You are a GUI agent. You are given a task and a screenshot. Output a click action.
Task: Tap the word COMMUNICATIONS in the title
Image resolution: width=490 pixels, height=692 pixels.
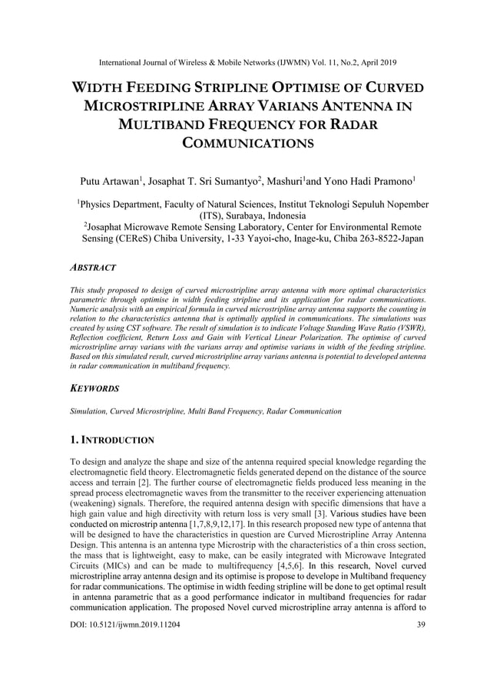point(245,143)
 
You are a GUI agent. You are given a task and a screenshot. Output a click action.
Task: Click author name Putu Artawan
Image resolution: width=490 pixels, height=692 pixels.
point(111,182)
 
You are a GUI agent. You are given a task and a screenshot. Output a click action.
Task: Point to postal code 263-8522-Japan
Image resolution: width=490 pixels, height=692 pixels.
point(379,239)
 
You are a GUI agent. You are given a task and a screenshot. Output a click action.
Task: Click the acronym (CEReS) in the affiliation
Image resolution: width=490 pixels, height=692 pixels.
point(122,239)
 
